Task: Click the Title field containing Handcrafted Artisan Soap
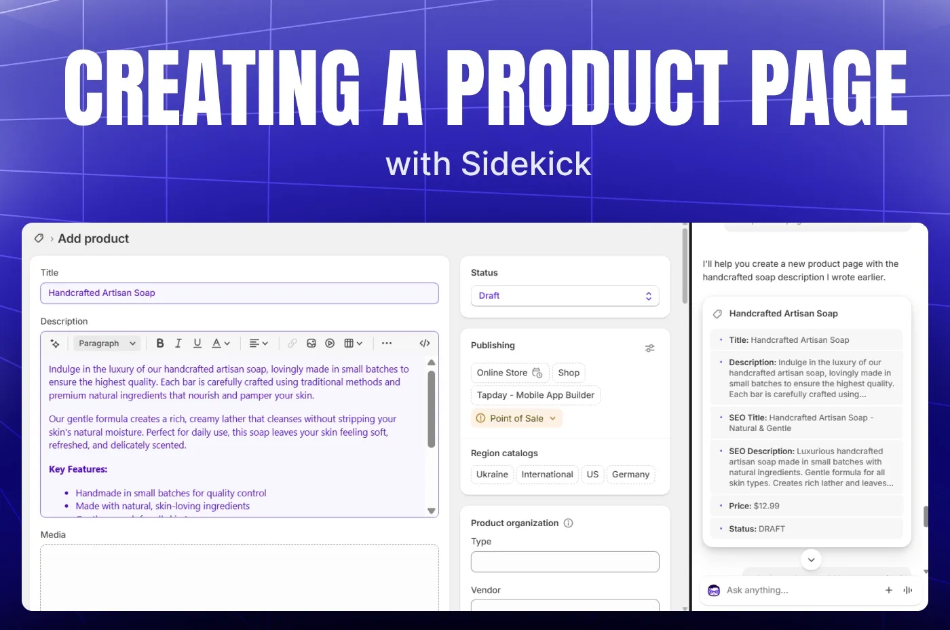(239, 293)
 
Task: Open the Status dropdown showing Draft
(565, 296)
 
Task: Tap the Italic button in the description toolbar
(178, 344)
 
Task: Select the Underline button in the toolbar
(197, 344)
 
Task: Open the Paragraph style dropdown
(107, 344)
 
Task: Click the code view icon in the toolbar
(425, 344)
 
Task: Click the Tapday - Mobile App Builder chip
(535, 395)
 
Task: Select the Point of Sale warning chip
(516, 418)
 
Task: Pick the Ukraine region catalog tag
(492, 475)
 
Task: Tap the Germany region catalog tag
(630, 475)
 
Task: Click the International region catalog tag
(547, 475)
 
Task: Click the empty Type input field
(565, 561)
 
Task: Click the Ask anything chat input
(794, 591)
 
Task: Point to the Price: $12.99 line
(754, 506)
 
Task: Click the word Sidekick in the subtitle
(526, 164)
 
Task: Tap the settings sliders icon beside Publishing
(649, 348)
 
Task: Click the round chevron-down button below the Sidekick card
(811, 559)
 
